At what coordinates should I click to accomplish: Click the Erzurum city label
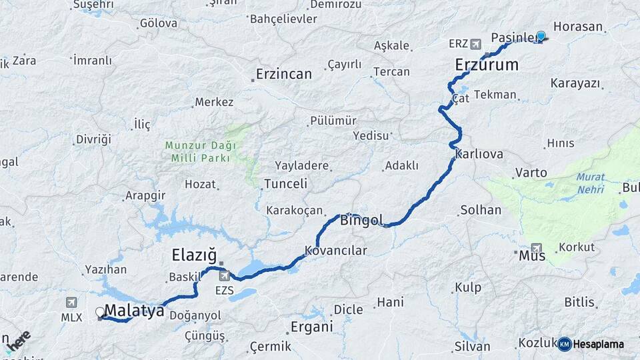click(x=487, y=65)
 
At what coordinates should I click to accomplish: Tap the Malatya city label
click(x=135, y=310)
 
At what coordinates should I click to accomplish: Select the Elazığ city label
click(x=195, y=255)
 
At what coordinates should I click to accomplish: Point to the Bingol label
click(x=362, y=220)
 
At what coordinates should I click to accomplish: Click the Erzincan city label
click(x=284, y=74)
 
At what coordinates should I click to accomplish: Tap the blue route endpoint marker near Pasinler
click(x=541, y=37)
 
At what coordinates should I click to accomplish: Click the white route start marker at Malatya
click(x=100, y=311)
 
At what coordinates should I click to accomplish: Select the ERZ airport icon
click(x=475, y=44)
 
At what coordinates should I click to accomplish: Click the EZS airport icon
click(x=224, y=275)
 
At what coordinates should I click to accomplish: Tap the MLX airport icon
click(x=71, y=302)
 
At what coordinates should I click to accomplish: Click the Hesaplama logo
click(x=591, y=344)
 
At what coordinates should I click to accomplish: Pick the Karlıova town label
click(x=479, y=153)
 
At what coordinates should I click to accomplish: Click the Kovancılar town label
click(x=336, y=251)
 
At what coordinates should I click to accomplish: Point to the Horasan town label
click(x=577, y=27)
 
